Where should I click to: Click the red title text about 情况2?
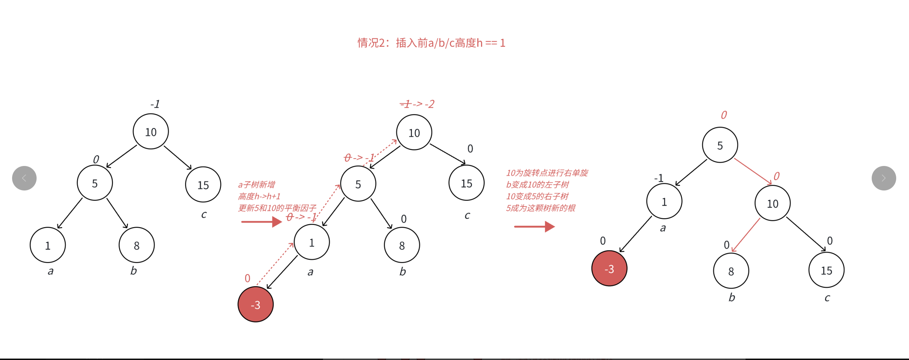click(431, 43)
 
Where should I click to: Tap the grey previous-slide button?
click(24, 178)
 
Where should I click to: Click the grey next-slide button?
click(883, 178)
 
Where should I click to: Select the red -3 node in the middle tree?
click(256, 304)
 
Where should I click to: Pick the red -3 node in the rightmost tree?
click(609, 268)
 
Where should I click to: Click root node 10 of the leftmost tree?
click(151, 131)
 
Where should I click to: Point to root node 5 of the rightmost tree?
click(720, 145)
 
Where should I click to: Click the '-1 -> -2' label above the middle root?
click(417, 104)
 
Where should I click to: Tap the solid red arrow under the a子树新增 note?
click(261, 222)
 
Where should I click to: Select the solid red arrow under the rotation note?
click(534, 226)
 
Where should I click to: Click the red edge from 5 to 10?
click(753, 171)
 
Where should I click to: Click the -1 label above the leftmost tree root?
click(155, 104)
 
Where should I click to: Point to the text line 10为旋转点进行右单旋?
click(547, 173)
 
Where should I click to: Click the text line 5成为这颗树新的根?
click(540, 208)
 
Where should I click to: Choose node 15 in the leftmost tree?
click(203, 184)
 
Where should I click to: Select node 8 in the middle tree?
click(402, 245)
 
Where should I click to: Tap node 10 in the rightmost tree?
click(772, 203)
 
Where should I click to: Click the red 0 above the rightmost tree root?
click(724, 115)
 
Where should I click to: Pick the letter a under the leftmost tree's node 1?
click(50, 271)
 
